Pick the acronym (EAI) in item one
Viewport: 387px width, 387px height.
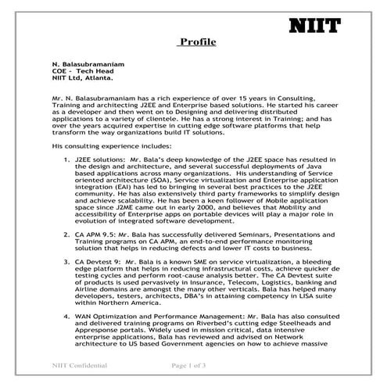[133, 188]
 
